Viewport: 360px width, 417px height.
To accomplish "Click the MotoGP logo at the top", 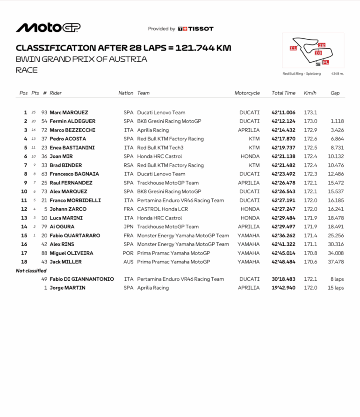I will click(48, 28).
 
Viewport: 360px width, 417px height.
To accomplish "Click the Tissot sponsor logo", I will click(196, 29).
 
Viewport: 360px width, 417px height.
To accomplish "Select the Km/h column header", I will click(310, 93).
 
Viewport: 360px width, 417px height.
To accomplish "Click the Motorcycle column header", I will click(247, 93).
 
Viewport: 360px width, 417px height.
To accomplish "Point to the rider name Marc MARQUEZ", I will click(69, 112).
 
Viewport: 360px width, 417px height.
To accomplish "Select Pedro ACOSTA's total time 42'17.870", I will click(283, 139).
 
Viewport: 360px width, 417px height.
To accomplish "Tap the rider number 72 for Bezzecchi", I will click(44, 130).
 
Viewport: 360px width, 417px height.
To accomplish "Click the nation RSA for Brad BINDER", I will click(129, 165).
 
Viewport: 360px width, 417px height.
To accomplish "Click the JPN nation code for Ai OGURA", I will click(129, 227).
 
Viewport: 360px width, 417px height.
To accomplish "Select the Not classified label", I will click(31, 271).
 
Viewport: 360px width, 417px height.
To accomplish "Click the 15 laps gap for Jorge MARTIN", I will click(336, 288).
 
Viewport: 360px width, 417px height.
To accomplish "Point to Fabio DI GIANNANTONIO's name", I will click(82, 279).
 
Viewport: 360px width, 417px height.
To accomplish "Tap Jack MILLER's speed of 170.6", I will click(310, 262).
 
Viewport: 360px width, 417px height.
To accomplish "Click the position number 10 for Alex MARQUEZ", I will click(25, 191).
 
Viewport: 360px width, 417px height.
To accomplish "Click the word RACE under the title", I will click(27, 70).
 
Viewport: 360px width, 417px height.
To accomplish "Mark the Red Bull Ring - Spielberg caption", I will click(302, 73).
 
